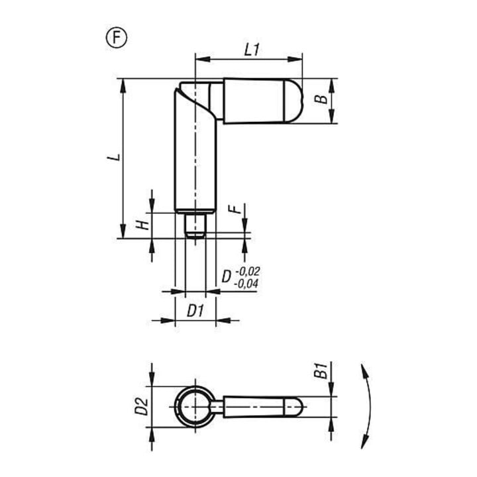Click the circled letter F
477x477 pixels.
[x=116, y=38]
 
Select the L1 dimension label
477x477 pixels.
[x=252, y=50]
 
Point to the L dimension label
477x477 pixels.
[x=114, y=157]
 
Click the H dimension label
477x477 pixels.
[x=142, y=225]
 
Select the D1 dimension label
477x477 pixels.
[x=195, y=311]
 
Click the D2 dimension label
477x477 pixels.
[x=142, y=407]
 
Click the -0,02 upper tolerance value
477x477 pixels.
[x=248, y=271]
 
